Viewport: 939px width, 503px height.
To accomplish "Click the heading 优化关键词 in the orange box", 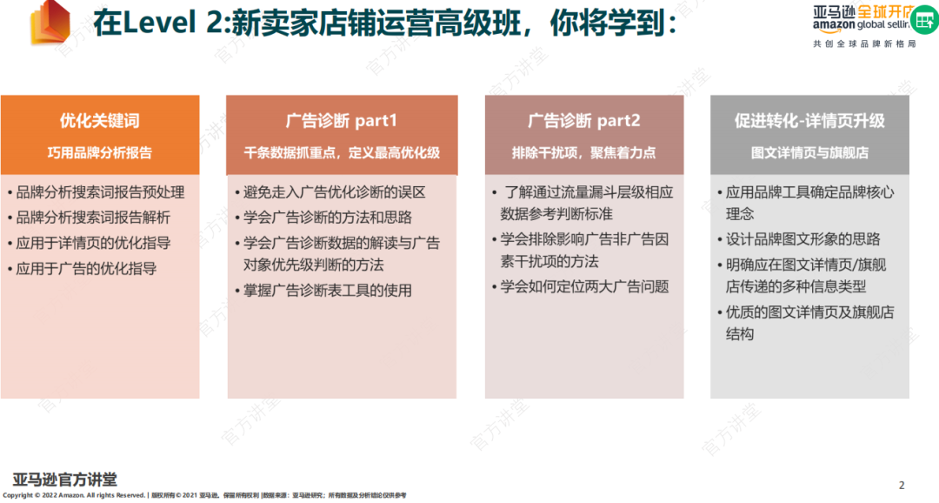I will click(x=99, y=121).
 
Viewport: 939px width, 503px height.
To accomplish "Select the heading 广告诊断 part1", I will click(x=341, y=121).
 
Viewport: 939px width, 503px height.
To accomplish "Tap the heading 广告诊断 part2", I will click(x=583, y=121).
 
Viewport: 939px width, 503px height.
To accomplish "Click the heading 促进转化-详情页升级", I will click(x=809, y=121).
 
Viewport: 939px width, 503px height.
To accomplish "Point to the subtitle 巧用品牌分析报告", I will click(x=99, y=152).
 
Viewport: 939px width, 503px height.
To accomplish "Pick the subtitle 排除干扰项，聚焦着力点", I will click(x=583, y=152).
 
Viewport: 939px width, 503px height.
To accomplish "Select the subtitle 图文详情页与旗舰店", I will click(x=809, y=152).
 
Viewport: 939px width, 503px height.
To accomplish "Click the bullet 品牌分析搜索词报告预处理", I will click(x=100, y=192).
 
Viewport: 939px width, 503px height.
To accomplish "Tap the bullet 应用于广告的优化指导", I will click(x=86, y=268).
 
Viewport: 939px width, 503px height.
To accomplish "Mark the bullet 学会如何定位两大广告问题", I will click(x=584, y=286).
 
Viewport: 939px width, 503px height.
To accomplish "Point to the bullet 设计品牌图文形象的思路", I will click(x=802, y=238).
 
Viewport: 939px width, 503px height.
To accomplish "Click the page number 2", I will click(x=902, y=485).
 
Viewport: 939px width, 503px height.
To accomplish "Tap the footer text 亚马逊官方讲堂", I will click(x=65, y=479).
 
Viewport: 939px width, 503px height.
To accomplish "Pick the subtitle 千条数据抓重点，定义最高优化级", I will click(x=341, y=152).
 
